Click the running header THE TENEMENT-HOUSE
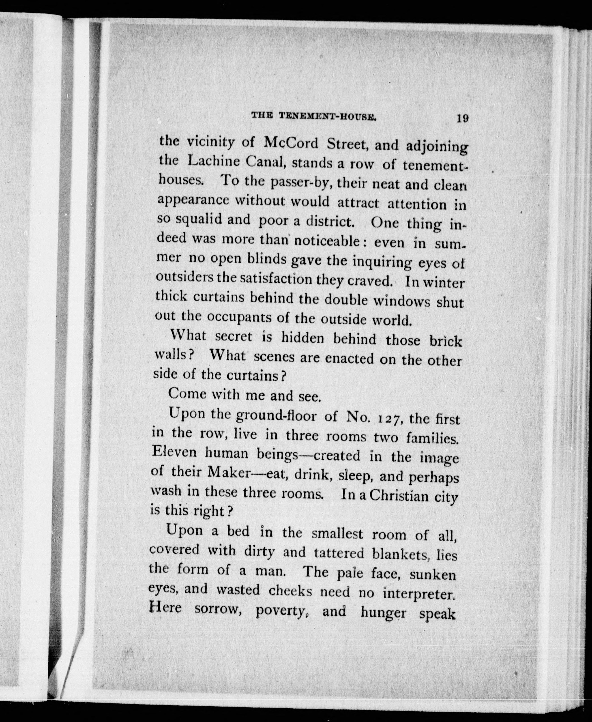click(314, 116)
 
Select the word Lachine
click(214, 161)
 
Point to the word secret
click(234, 337)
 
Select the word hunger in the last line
click(383, 613)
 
